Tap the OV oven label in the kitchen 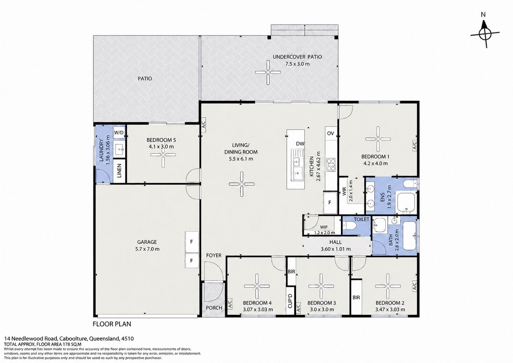[330, 133]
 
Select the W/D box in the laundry [119, 132]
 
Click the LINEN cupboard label [119, 171]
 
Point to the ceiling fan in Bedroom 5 [163, 155]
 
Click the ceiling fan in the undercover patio [268, 72]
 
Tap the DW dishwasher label [300, 144]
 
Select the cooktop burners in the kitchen [331, 165]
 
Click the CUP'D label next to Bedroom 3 [290, 301]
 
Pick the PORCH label [214, 308]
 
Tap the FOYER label [214, 255]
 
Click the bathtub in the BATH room [409, 235]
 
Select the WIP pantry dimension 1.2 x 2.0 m [324, 233]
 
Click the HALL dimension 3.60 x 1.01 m [335, 249]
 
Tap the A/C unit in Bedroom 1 [414, 145]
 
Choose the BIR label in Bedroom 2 [356, 298]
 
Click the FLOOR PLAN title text [112, 324]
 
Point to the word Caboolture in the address [73, 339]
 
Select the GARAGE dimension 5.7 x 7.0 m [147, 249]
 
